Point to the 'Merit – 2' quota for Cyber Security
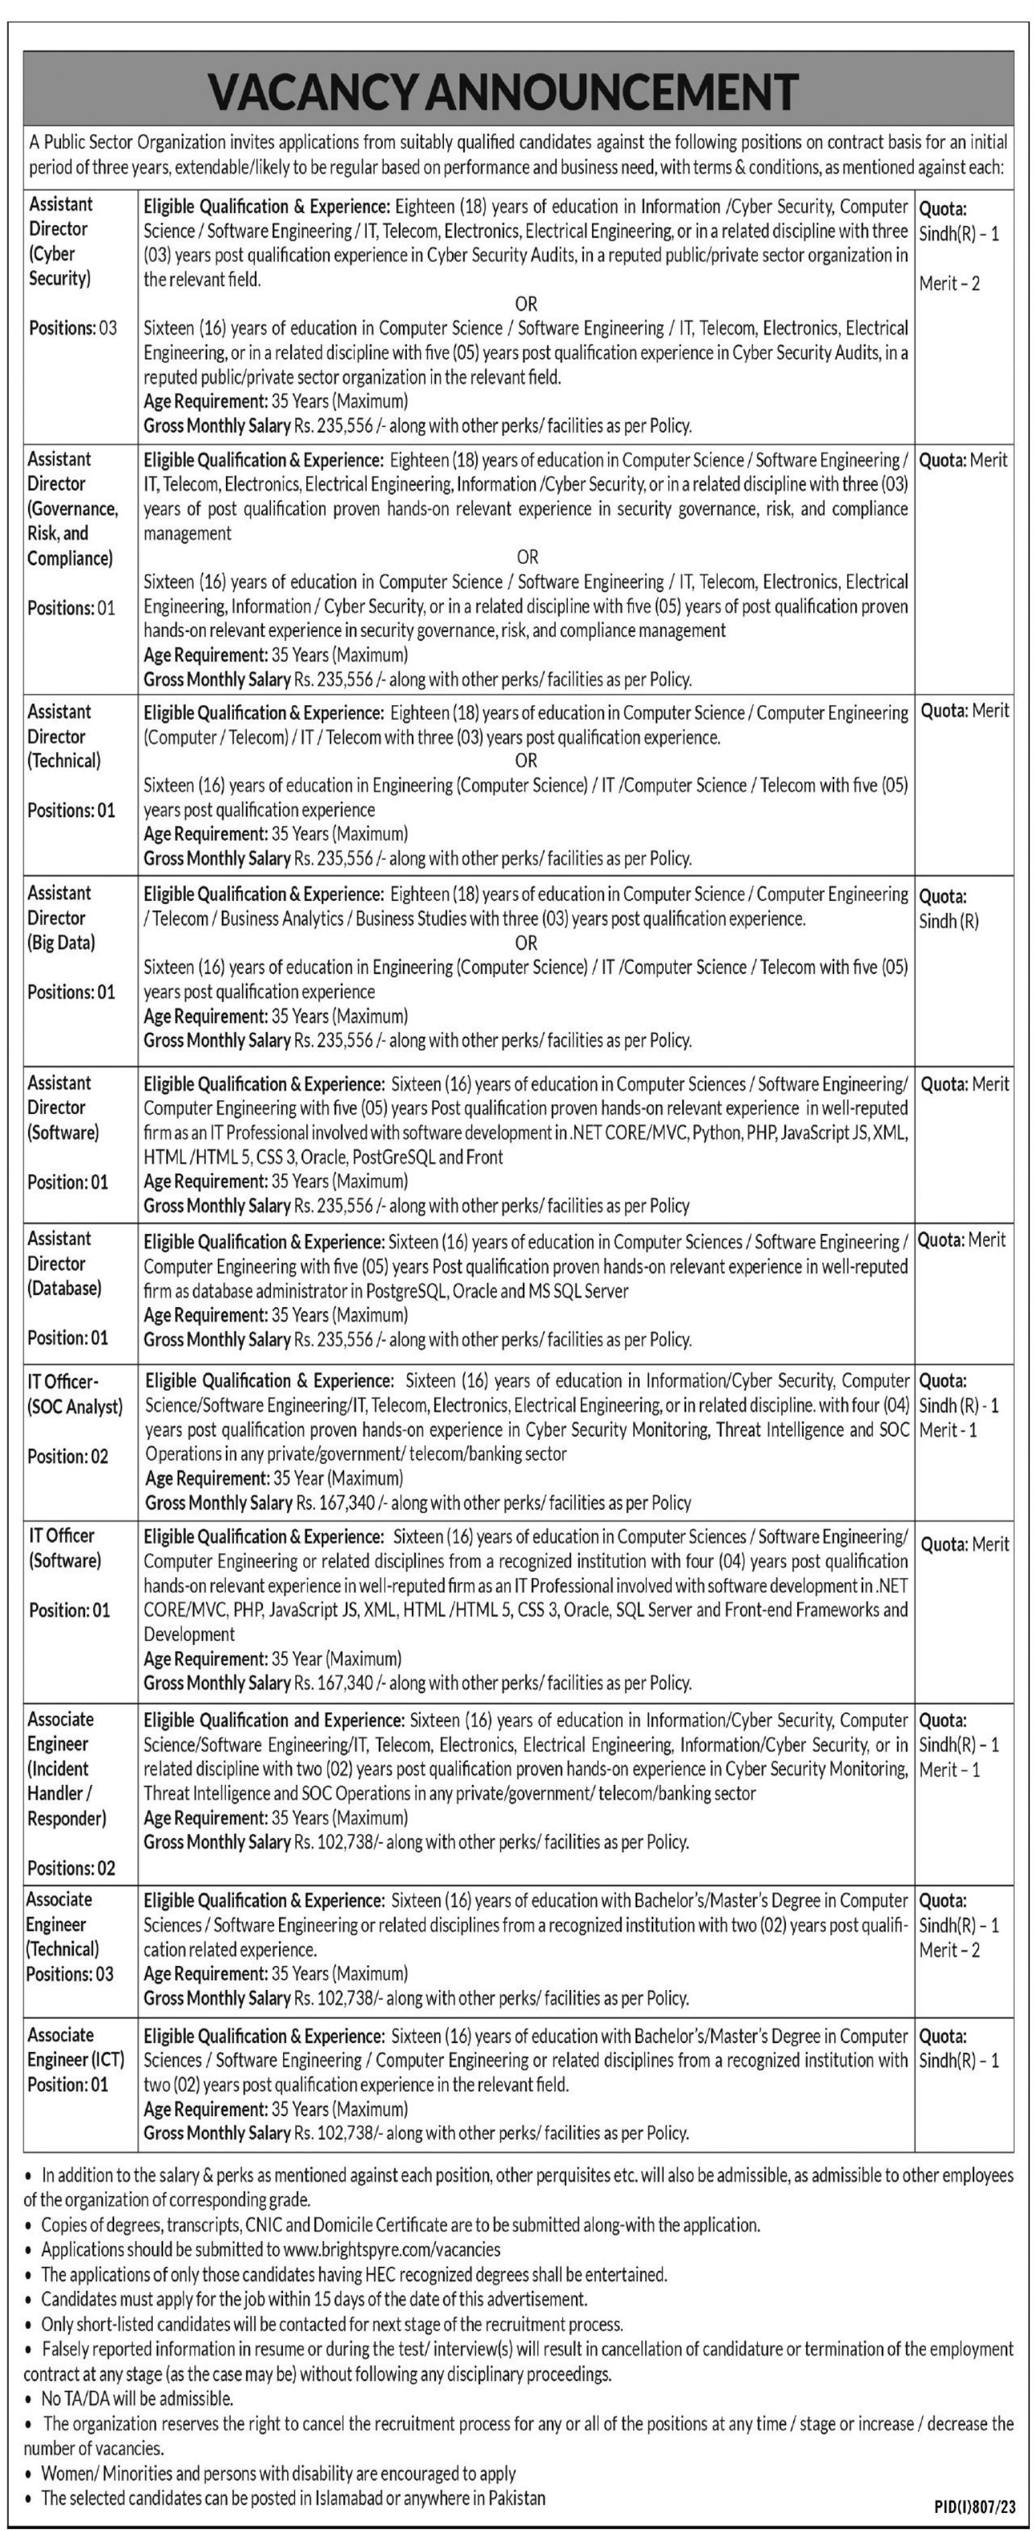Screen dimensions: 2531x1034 pos(950,284)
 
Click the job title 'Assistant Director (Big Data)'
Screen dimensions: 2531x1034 pos(61,918)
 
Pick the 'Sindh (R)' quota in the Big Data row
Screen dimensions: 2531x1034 pos(948,922)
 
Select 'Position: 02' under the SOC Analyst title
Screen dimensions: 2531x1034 pos(68,1456)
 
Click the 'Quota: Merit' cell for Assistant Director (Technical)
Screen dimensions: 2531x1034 pos(964,711)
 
